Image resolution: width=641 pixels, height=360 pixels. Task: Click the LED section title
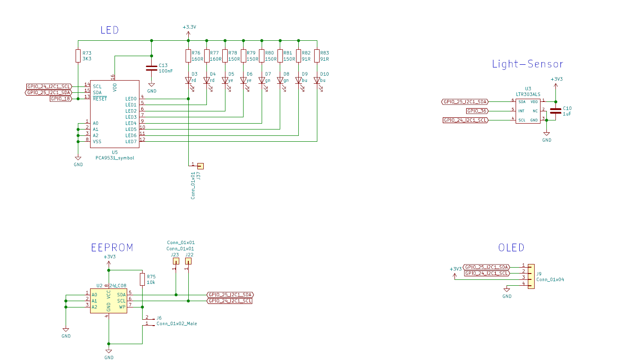coord(110,30)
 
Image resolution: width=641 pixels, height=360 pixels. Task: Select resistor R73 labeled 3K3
coord(78,56)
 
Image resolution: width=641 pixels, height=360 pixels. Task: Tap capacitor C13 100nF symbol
coord(152,68)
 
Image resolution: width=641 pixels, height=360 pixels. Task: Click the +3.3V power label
coord(189,27)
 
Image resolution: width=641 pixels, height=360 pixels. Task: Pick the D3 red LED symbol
coord(188,81)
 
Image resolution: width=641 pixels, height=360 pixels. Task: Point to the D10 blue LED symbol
coord(317,81)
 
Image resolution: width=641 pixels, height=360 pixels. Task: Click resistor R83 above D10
coord(317,56)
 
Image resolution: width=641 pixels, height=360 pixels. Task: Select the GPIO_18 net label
coord(60,99)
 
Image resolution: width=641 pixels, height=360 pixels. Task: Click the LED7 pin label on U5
coord(131,142)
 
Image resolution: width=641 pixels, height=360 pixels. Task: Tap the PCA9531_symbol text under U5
coord(115,158)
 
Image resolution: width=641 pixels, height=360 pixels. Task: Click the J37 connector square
coord(200,166)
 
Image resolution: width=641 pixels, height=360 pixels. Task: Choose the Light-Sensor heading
coord(527,64)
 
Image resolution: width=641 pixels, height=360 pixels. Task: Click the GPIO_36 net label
coord(477,111)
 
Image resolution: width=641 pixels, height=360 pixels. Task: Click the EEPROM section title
coord(112,248)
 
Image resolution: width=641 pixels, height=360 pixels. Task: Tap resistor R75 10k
coord(143,279)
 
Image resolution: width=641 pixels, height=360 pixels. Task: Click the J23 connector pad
coord(175,261)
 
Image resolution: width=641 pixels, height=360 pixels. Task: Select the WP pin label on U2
coord(122,307)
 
